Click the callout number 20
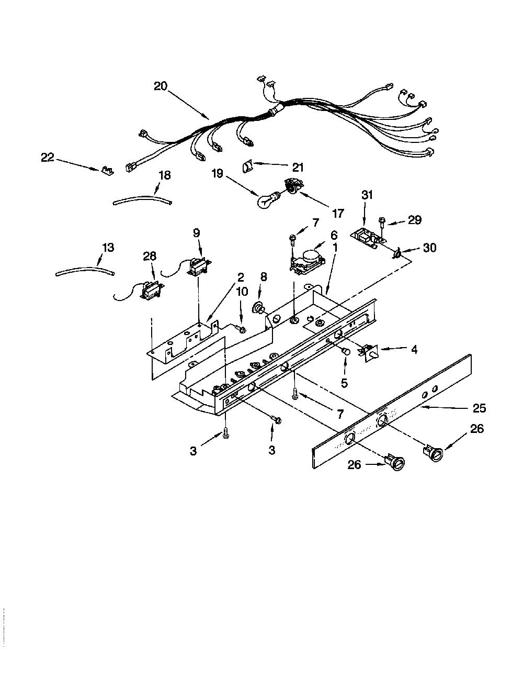[161, 86]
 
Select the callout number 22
[48, 158]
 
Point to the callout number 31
[367, 195]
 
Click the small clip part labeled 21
[248, 166]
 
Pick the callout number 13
[109, 248]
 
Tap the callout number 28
[149, 256]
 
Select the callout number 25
[479, 408]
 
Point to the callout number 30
[429, 248]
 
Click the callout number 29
[415, 220]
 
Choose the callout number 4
[414, 350]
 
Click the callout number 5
[344, 383]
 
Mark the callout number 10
[242, 292]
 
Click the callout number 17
[338, 214]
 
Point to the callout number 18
[164, 175]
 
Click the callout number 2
[240, 277]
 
